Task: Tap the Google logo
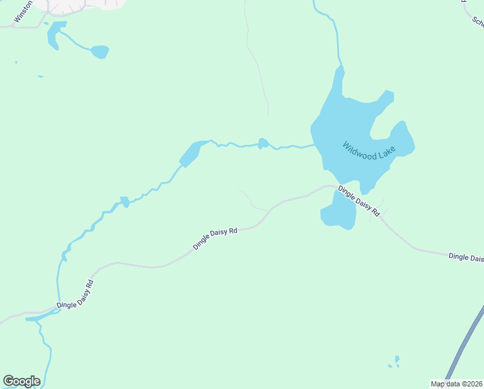[21, 381]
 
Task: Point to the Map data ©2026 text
[457, 384]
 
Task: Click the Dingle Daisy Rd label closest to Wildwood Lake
[358, 201]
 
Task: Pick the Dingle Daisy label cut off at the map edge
[466, 257]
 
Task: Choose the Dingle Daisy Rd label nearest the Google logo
[75, 294]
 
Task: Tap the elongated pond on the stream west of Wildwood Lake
[190, 154]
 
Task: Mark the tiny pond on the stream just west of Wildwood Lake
[263, 143]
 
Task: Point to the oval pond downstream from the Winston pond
[100, 52]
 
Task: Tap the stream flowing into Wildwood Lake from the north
[335, 39]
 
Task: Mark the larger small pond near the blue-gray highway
[397, 359]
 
